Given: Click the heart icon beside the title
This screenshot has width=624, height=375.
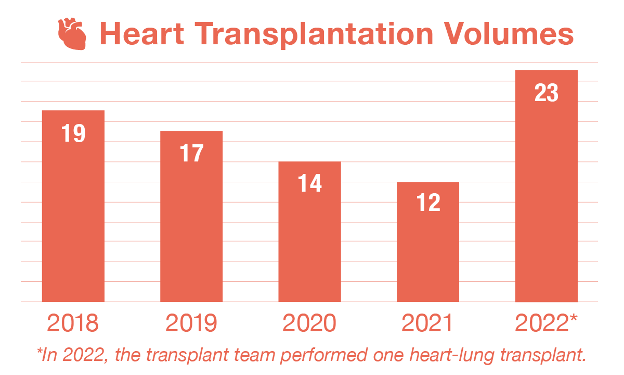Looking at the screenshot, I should [71, 34].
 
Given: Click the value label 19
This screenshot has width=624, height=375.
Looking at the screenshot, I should [73, 134].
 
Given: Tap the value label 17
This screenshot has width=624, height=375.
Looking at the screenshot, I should [191, 154].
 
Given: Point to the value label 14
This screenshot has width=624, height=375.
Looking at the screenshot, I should [310, 184].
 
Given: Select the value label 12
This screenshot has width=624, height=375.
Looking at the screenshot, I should [428, 203].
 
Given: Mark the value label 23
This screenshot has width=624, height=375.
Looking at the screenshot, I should [546, 94].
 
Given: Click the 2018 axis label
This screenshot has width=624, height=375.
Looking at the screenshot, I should [73, 323].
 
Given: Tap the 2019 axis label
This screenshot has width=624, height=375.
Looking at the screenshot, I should [191, 323].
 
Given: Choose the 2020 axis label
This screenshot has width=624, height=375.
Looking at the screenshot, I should [310, 323].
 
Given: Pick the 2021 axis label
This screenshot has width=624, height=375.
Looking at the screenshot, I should [428, 323].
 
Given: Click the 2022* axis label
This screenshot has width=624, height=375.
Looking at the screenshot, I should [546, 323].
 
